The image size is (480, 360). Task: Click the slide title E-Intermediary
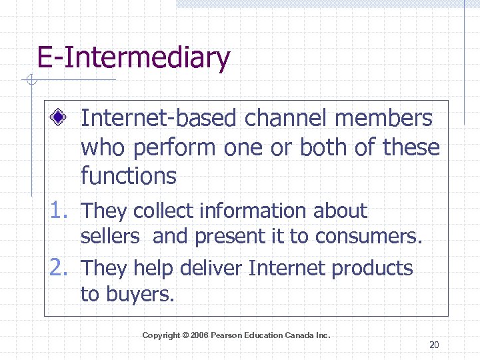[x=133, y=58]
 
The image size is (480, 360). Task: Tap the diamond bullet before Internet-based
[x=59, y=119]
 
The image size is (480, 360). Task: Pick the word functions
[x=128, y=176]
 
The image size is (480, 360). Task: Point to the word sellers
[x=110, y=236]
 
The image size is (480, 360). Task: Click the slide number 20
[x=434, y=345]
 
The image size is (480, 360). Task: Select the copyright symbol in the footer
[x=185, y=335]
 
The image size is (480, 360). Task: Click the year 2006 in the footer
[x=199, y=335]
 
